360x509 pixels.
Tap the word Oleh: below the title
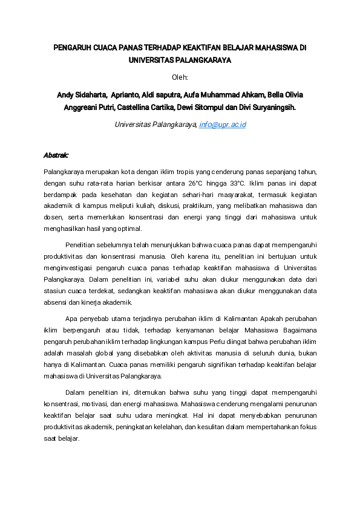point(180,77)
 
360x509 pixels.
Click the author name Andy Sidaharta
point(80,95)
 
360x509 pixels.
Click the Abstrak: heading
point(56,155)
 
